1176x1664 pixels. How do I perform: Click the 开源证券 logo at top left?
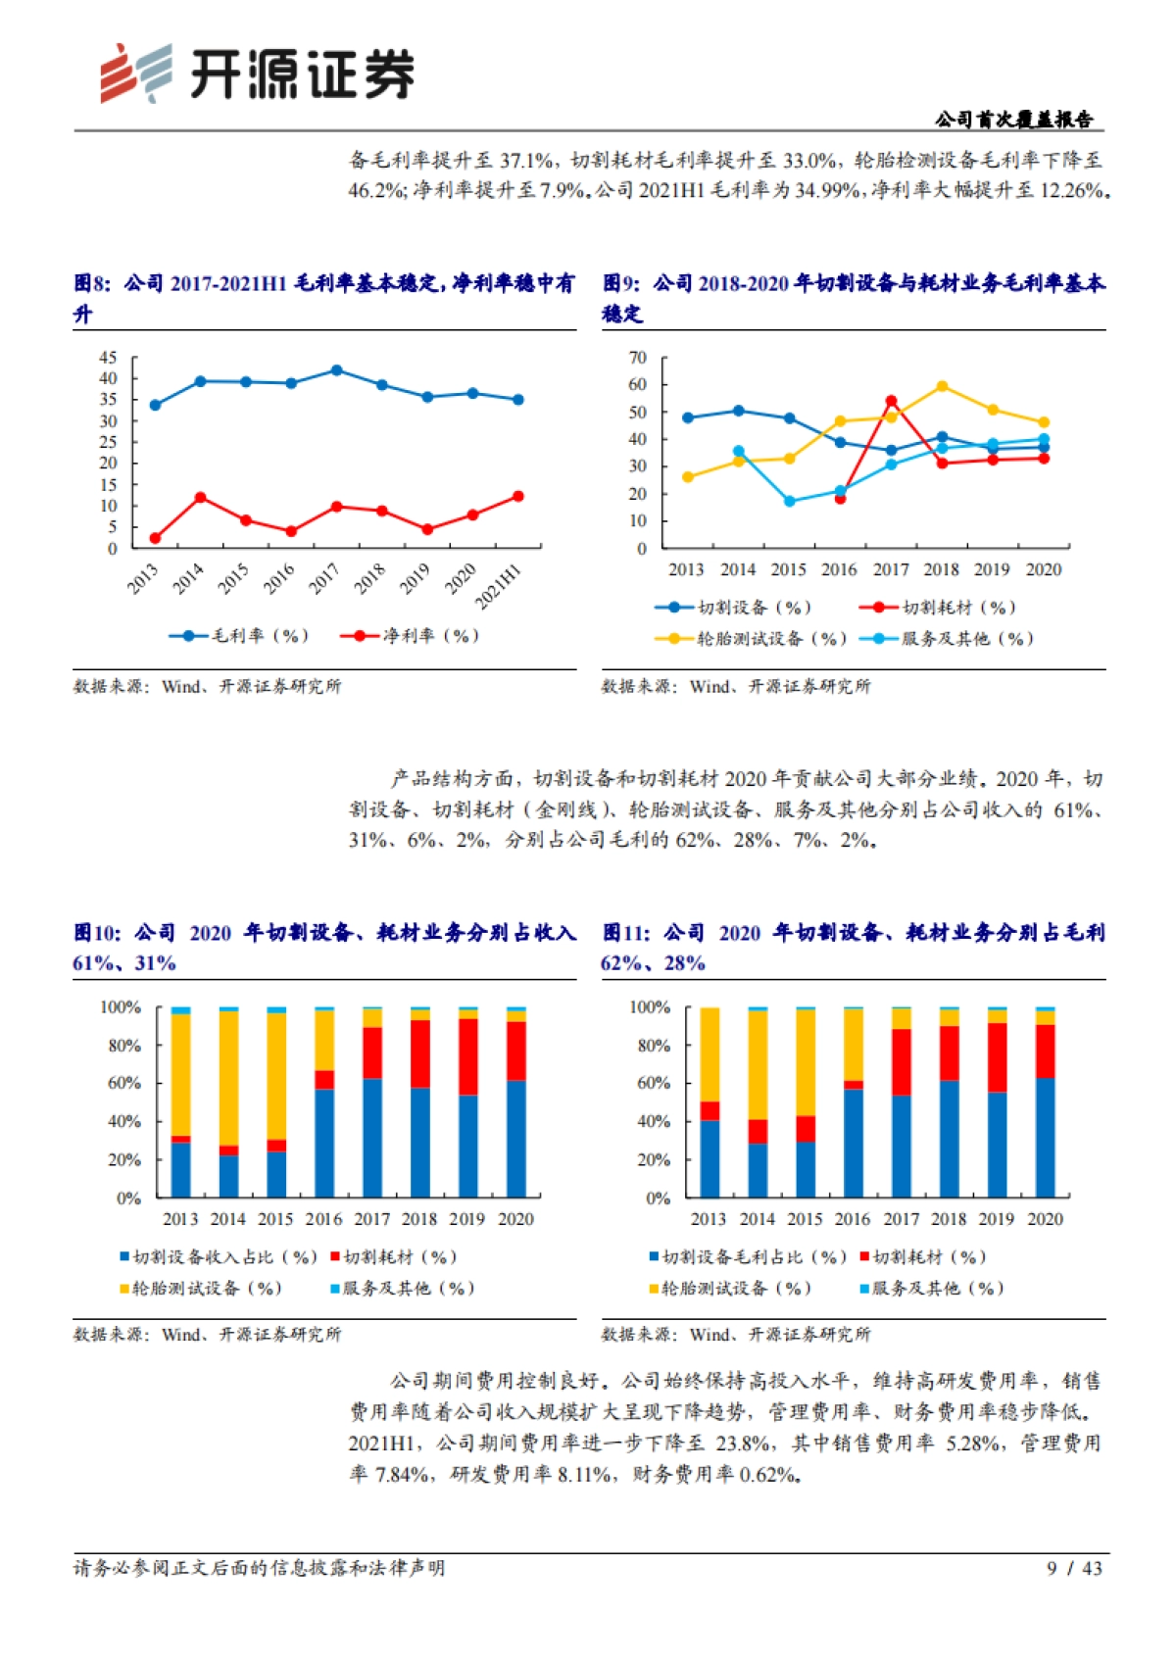[x=257, y=73]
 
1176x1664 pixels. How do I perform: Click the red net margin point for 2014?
[x=200, y=498]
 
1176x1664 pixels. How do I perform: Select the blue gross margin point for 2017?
[x=337, y=370]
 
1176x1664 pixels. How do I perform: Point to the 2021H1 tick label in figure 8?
[x=499, y=586]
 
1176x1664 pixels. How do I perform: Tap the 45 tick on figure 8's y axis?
[x=108, y=358]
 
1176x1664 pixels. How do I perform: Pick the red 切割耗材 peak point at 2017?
[x=891, y=401]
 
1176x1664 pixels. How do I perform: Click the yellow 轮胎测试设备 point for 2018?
[x=942, y=386]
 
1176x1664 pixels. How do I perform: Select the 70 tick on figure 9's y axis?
[x=637, y=358]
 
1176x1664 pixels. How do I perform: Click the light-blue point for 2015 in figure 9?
[x=789, y=501]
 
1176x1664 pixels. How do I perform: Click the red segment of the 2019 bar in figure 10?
[x=468, y=1056]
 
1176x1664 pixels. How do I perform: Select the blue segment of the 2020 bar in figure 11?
[x=1046, y=1137]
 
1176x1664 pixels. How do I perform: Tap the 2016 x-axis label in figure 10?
[x=323, y=1219]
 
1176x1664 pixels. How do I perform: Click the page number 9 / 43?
[x=1074, y=1568]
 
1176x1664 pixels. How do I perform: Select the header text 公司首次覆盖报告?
[x=1013, y=120]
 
